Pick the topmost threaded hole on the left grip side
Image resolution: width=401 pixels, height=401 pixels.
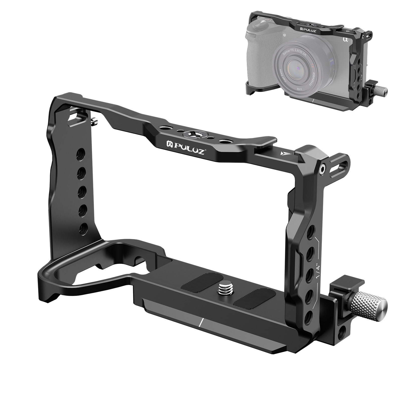(x=81, y=152)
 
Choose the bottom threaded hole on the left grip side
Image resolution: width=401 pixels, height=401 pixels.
(x=83, y=229)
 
